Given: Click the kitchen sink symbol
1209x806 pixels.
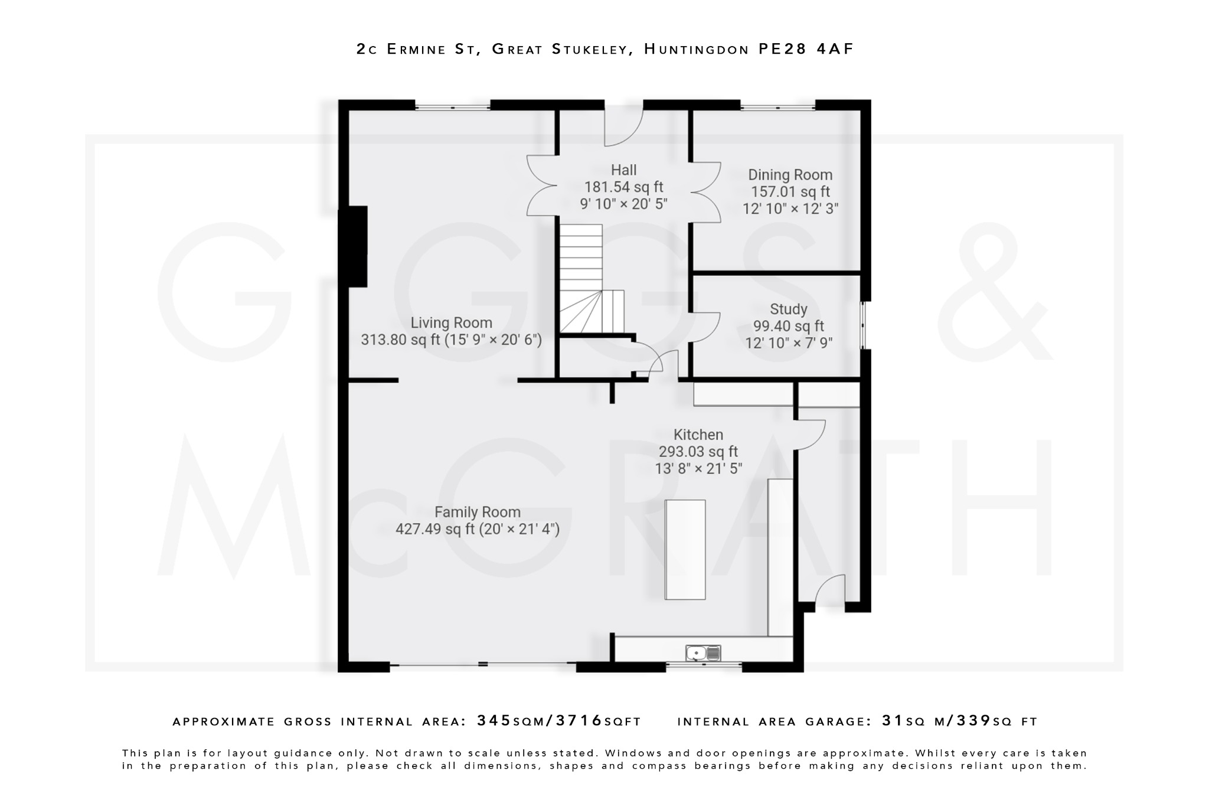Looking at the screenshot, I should (703, 652).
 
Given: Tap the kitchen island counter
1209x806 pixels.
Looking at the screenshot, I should (685, 550).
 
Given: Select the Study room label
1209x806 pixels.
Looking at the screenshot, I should (788, 309).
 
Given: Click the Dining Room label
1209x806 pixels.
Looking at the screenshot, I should (790, 175).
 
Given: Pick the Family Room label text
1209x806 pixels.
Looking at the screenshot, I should (477, 512).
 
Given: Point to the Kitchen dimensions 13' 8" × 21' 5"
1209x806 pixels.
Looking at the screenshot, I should (698, 469).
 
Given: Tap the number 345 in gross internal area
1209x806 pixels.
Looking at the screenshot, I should (495, 721).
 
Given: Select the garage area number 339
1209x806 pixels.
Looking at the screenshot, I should (973, 721).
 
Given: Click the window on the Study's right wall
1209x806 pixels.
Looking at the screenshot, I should (864, 325).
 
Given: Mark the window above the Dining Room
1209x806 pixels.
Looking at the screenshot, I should (777, 107).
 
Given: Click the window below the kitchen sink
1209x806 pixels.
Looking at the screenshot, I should (703, 665).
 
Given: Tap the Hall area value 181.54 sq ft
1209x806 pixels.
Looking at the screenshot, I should (623, 187).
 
